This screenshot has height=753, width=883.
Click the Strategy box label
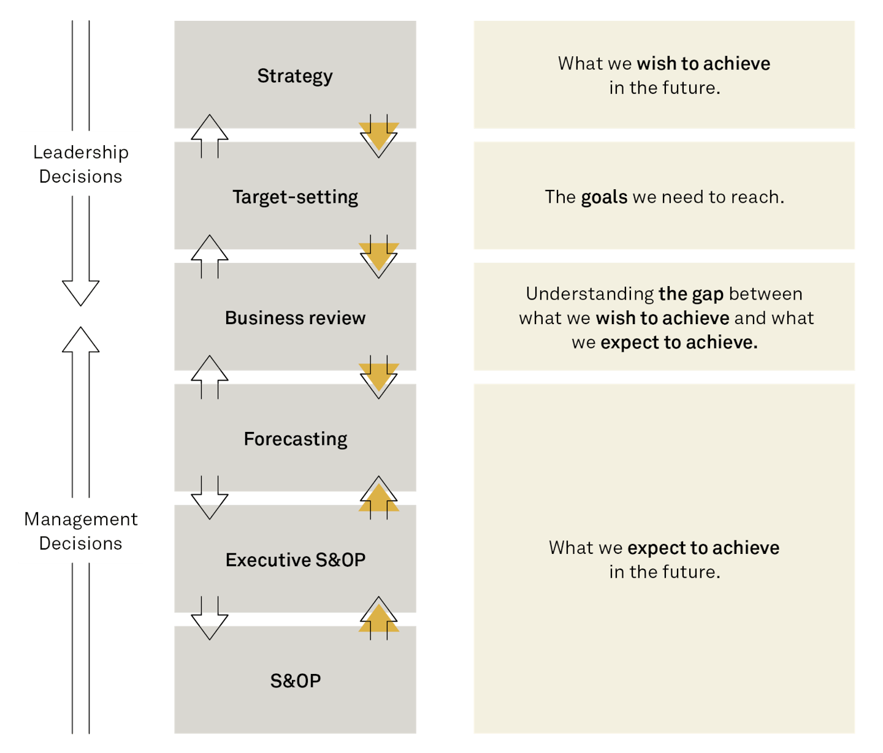click(295, 76)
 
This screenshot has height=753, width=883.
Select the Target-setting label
click(295, 197)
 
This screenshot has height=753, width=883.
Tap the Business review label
click(295, 318)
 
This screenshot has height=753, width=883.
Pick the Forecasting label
click(295, 439)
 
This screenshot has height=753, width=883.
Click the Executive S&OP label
click(295, 560)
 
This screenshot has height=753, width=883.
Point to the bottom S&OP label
click(295, 681)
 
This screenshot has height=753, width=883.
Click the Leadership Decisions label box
click(80, 164)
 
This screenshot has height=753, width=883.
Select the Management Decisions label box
click(80, 531)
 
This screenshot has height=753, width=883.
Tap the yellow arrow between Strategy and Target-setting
click(379, 135)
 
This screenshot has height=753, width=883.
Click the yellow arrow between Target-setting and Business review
click(379, 255)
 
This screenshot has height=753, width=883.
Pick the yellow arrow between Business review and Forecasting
click(379, 376)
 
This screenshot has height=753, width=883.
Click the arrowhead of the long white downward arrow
click(80, 292)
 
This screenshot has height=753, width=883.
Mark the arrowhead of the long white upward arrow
click(80, 341)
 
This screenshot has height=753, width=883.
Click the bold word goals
click(604, 197)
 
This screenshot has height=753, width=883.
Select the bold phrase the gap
click(691, 294)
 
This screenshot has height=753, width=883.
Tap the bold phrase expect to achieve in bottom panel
click(703, 548)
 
